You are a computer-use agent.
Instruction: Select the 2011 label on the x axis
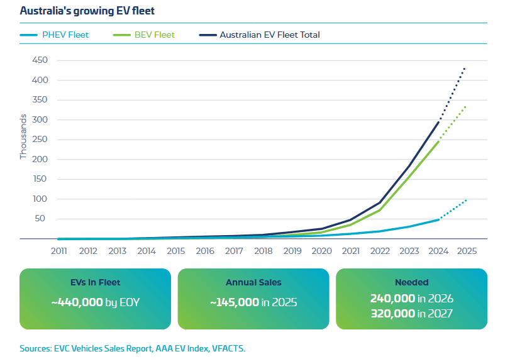point(58,250)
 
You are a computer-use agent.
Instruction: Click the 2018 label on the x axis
point(263,250)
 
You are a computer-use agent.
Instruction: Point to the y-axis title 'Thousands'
point(23,136)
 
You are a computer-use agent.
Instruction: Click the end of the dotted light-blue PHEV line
point(466,200)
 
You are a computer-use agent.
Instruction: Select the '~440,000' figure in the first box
point(77,302)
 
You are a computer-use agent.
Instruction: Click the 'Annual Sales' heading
point(253,283)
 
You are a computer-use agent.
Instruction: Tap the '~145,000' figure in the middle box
point(235,302)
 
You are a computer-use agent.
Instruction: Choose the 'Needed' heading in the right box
point(411,283)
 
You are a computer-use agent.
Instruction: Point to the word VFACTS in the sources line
point(226,348)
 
